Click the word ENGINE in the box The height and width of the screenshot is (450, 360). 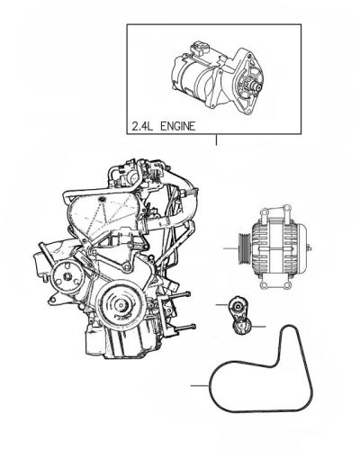tap(178, 126)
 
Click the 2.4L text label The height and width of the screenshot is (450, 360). tap(142, 126)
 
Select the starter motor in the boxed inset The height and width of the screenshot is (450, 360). tap(218, 78)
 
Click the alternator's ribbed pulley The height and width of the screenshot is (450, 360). tap(244, 248)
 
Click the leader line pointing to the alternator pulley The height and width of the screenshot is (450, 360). tap(230, 248)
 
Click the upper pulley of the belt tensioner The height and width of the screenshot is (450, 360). tap(238, 306)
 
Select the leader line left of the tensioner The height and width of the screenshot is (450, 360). tap(222, 305)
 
